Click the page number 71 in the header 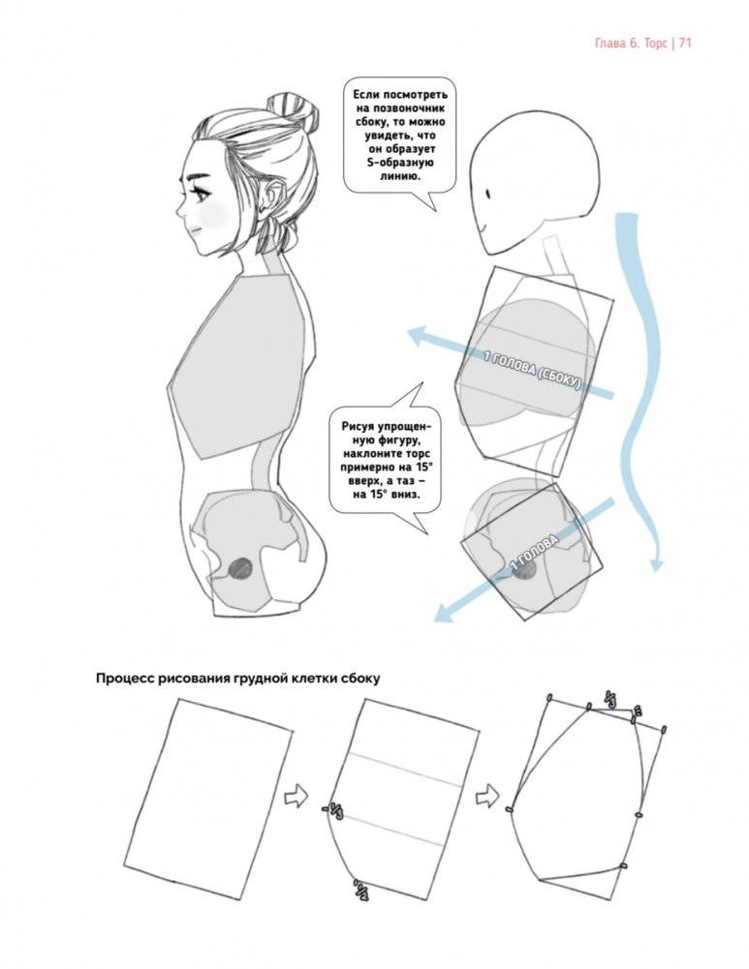684,44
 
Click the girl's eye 201,193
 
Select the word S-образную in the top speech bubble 396,163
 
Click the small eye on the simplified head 488,194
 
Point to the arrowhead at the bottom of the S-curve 657,564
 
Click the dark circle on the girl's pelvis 240,569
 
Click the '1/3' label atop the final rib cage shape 609,699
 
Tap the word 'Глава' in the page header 609,44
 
